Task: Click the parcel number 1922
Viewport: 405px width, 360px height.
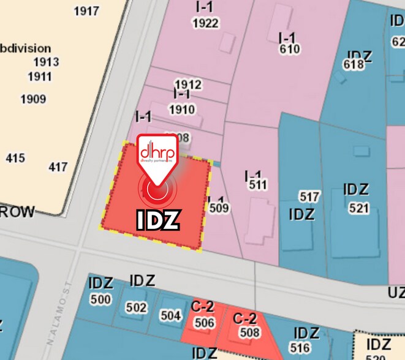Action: click(205, 23)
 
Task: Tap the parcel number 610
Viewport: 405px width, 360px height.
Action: click(289, 49)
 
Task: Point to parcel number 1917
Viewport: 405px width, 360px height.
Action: click(86, 11)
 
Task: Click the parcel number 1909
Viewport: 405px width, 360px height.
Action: click(34, 99)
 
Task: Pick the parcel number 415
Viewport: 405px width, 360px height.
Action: click(15, 159)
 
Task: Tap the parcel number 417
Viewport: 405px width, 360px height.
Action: click(58, 167)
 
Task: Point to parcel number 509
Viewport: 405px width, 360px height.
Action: click(219, 208)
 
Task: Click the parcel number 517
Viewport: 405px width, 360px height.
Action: click(309, 197)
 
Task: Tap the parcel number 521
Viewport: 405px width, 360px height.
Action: click(358, 208)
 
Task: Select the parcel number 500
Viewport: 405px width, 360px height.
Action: click(100, 299)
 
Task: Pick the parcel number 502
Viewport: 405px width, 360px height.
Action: click(137, 307)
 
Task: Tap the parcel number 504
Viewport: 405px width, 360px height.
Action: click(171, 316)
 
